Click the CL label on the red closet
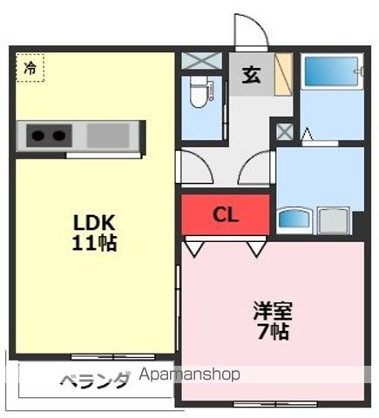click(226, 215)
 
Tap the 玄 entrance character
click(251, 75)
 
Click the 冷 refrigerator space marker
click(30, 67)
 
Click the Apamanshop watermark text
click(189, 375)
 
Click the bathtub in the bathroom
click(331, 71)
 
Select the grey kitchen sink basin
click(107, 135)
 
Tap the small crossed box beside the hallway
click(284, 131)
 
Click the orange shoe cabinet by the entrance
click(283, 75)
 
